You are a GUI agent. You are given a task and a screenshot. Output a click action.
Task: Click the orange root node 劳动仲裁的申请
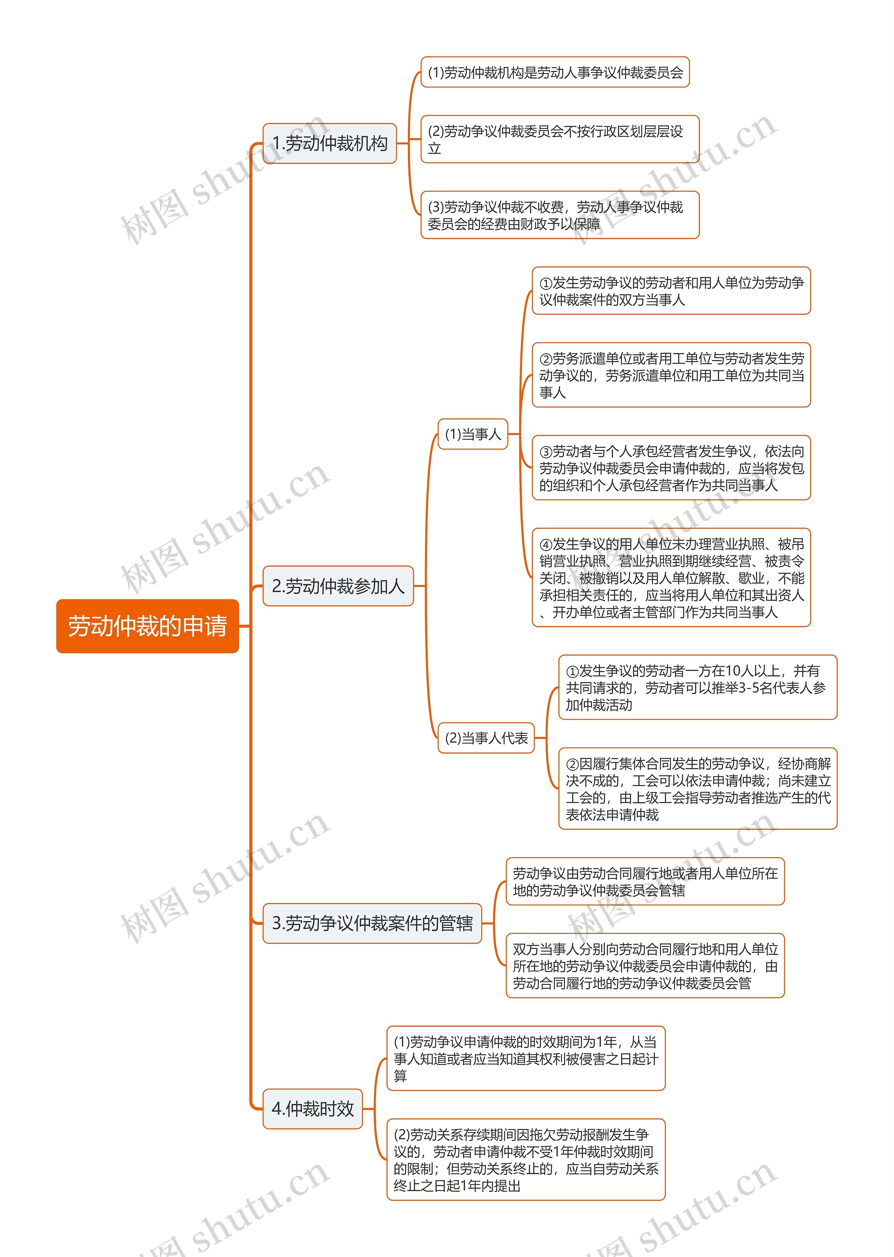(x=147, y=626)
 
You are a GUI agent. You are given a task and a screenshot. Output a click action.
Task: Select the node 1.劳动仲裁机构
(x=330, y=143)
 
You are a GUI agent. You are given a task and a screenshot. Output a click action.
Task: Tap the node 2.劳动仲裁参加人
(x=338, y=586)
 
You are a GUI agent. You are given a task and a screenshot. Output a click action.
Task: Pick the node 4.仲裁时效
(x=313, y=1109)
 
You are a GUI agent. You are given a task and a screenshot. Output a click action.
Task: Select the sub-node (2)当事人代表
(x=486, y=738)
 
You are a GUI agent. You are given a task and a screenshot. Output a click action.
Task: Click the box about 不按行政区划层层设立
(x=560, y=139)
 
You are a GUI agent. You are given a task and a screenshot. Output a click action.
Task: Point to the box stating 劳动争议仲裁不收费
(x=560, y=215)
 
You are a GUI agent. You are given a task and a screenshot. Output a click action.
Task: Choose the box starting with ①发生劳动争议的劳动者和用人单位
(x=672, y=291)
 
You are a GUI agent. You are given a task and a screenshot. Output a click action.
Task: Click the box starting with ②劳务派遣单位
(x=672, y=375)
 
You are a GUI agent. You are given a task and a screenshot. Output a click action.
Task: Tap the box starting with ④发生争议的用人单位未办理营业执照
(x=672, y=578)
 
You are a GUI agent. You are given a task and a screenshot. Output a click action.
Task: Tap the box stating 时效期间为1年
(x=526, y=1058)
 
